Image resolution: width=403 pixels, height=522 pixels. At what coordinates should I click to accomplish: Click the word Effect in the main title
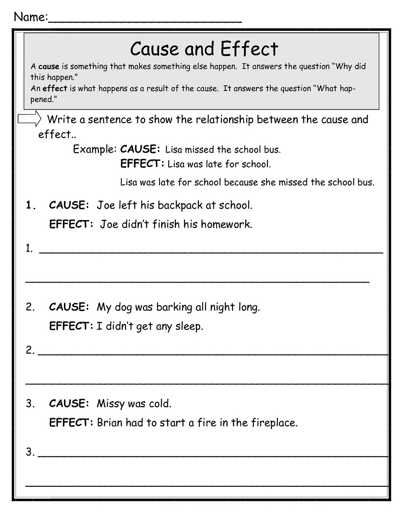tap(249, 49)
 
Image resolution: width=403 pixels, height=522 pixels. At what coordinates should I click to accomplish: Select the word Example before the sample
tap(93, 149)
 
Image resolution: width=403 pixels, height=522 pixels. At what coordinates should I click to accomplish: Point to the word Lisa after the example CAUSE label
tap(174, 150)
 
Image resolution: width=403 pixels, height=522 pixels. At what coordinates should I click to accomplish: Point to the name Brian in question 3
tap(110, 422)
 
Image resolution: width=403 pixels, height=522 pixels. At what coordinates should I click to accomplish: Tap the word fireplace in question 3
tap(275, 422)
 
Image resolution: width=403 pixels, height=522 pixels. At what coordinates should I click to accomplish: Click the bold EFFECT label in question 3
tap(70, 422)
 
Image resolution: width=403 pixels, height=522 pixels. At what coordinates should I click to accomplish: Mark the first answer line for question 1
tap(211, 251)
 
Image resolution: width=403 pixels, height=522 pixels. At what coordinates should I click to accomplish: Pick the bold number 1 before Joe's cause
tap(30, 205)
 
